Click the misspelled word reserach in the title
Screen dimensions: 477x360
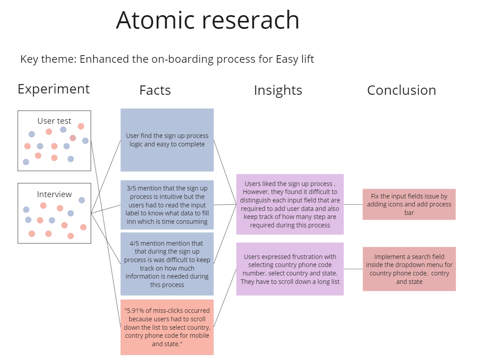coord(251,20)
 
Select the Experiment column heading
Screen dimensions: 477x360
coord(53,89)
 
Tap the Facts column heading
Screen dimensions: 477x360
coord(155,90)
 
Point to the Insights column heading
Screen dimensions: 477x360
coord(278,90)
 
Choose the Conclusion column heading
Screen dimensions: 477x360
coord(401,90)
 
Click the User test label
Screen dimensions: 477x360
coord(54,121)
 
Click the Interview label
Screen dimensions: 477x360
coord(54,194)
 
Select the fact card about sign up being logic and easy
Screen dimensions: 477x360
coord(167,140)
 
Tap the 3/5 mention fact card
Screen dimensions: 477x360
coord(167,205)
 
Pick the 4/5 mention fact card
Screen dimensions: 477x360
coord(167,264)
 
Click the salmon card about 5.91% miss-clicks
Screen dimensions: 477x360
coord(167,327)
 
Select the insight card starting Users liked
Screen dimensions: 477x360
coord(290,204)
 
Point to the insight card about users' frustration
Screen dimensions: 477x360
coord(290,269)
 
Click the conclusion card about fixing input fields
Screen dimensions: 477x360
coord(409,204)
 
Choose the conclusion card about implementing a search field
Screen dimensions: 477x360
coord(409,269)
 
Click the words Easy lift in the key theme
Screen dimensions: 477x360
coord(295,59)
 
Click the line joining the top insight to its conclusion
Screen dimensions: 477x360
coord(353,204)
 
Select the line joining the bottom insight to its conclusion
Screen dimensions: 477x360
coord(353,269)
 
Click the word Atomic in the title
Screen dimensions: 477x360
coord(155,20)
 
